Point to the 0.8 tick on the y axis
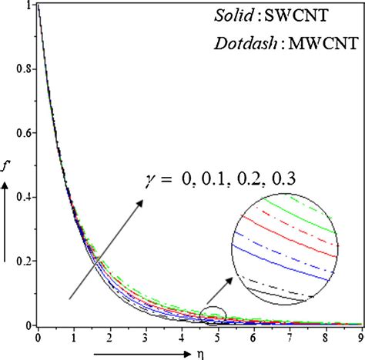tap(24, 68)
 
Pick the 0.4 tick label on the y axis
tap(24, 197)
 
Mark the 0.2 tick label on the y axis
tap(24, 261)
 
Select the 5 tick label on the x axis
tap(216, 337)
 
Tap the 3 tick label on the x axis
tap(145, 337)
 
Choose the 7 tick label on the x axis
tap(288, 337)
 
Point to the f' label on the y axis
tap(8, 162)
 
